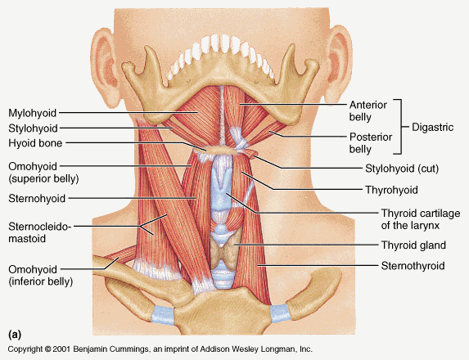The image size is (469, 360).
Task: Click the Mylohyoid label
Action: click(32, 114)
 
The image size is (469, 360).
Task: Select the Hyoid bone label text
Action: click(35, 143)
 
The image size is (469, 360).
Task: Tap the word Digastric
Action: click(432, 128)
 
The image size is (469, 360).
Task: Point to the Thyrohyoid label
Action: click(391, 190)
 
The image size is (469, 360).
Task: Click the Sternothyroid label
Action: click(413, 266)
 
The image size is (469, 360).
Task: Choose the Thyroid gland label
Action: click(413, 245)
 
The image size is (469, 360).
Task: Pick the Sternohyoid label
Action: click(37, 199)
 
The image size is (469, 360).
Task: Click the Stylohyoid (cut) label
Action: click(402, 169)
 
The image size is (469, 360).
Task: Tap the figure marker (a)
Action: click(15, 334)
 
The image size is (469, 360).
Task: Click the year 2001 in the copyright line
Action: click(61, 349)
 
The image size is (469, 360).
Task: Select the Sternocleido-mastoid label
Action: click(40, 232)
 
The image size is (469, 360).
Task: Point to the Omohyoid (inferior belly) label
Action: click(41, 276)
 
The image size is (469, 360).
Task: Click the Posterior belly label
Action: click(371, 143)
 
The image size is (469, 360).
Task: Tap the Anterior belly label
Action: click(368, 111)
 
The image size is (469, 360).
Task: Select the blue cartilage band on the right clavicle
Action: click(280, 313)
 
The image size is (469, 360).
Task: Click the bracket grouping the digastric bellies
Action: click(400, 127)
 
